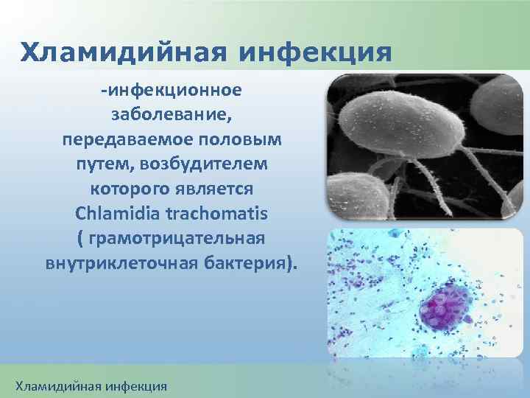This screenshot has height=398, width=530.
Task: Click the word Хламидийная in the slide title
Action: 122,53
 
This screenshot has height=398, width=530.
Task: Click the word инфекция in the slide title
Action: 314,53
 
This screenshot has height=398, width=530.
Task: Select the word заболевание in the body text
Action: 172,114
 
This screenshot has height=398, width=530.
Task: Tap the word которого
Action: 127,189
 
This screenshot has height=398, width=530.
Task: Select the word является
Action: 220,189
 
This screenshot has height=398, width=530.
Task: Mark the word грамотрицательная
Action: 177,239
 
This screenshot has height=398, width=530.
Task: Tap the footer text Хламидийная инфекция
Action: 92,385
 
